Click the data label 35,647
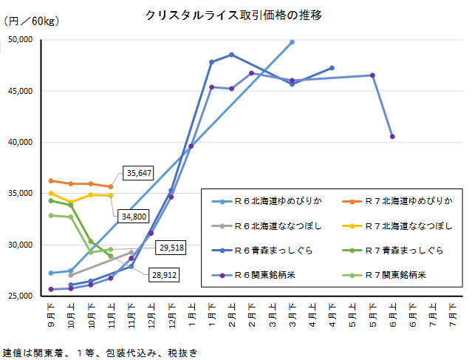(139, 173)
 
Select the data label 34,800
(132, 216)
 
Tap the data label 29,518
(171, 247)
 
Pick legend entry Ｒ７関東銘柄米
(387, 276)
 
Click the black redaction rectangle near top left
(21, 47)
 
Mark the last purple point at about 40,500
(392, 137)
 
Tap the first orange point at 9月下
(51, 180)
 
